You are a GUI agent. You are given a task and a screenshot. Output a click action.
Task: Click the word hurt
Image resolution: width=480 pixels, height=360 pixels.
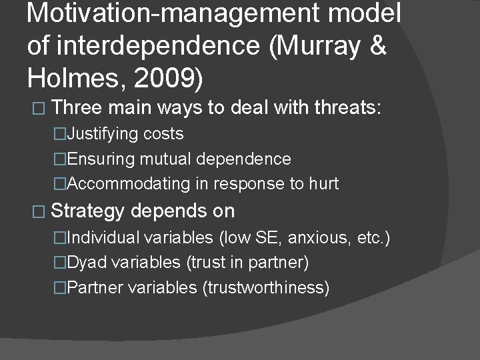323,183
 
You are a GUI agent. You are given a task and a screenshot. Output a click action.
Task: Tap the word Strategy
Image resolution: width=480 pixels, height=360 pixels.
87,211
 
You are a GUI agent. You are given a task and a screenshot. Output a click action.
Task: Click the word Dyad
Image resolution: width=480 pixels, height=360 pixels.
87,263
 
